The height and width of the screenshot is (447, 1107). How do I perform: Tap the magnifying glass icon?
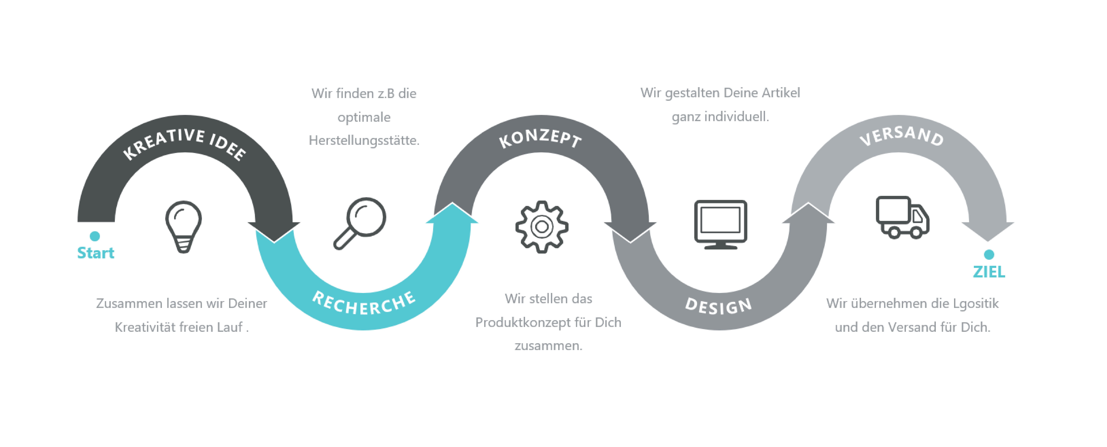tap(360, 223)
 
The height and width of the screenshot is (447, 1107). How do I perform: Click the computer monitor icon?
tap(721, 224)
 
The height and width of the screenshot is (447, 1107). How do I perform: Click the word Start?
tap(95, 253)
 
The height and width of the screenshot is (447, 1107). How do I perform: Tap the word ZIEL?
tap(989, 272)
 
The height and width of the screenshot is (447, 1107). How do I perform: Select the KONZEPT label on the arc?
tap(540, 138)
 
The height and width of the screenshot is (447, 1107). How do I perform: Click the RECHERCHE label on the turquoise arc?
tap(364, 303)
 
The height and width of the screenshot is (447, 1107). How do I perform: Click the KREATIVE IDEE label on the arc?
tap(184, 143)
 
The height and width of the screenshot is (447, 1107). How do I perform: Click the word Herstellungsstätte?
tap(364, 140)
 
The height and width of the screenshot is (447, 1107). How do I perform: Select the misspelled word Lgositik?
tap(976, 304)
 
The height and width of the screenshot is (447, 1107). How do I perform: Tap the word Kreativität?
tap(145, 327)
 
